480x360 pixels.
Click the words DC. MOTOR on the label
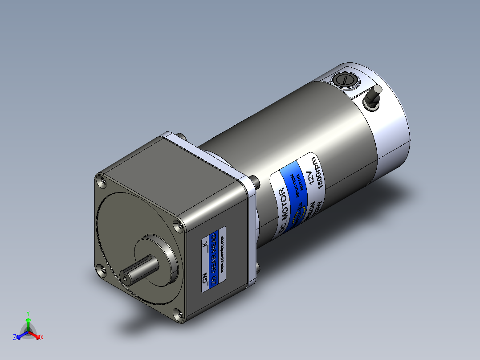pyautogui.click(x=283, y=209)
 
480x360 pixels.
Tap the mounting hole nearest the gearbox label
pyautogui.click(x=179, y=224)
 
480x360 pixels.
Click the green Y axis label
pyautogui.click(x=28, y=313)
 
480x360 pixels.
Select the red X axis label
pyautogui.click(x=41, y=338)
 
